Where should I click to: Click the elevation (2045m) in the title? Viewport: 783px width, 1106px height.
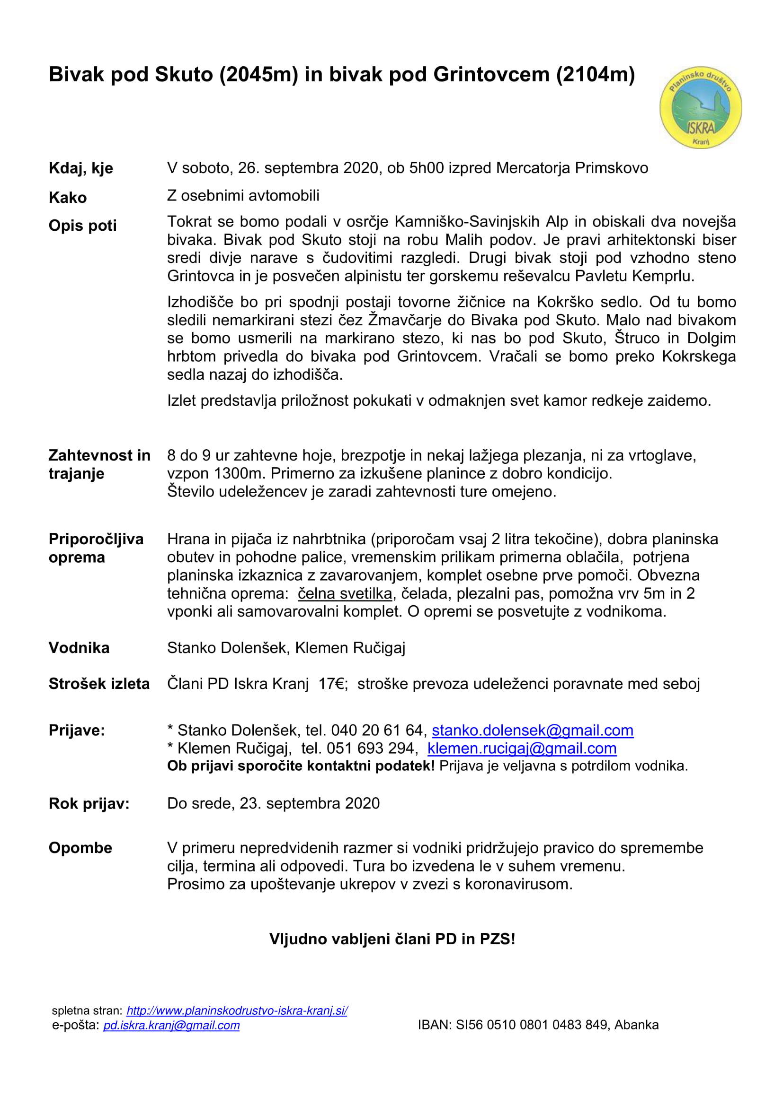pyautogui.click(x=258, y=75)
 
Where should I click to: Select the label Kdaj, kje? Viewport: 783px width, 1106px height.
pyautogui.click(x=80, y=168)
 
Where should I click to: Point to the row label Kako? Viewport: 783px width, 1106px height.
pyautogui.click(x=68, y=198)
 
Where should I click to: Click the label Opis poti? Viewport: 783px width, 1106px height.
pyautogui.click(x=82, y=226)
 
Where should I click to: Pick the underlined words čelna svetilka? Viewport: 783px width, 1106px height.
pyautogui.click(x=344, y=593)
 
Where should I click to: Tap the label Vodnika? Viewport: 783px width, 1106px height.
pyautogui.click(x=79, y=648)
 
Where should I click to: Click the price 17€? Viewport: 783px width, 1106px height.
pyautogui.click(x=333, y=684)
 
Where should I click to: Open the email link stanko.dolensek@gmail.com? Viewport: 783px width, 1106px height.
pyautogui.click(x=532, y=730)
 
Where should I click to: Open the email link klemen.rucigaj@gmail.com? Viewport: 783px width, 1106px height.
pyautogui.click(x=522, y=749)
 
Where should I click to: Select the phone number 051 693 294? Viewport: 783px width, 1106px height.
pyautogui.click(x=370, y=749)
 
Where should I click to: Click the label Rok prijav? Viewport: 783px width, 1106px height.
pyautogui.click(x=89, y=803)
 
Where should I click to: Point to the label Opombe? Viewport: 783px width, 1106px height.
pyautogui.click(x=80, y=848)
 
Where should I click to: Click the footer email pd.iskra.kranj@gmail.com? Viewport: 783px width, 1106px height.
pyautogui.click(x=171, y=1025)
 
